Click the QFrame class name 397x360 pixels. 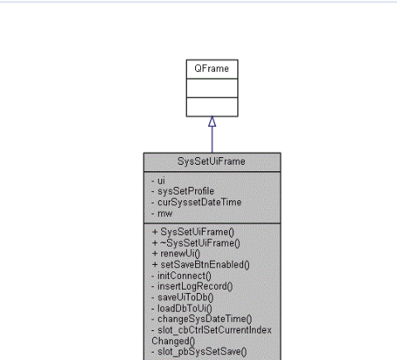[x=212, y=69]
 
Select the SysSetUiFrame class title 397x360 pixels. [x=212, y=161]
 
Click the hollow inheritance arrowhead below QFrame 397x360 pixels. [x=212, y=122]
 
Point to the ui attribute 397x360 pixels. [x=160, y=180]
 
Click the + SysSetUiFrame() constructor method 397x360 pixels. [x=193, y=232]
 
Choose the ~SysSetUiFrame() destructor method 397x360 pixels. [x=196, y=242]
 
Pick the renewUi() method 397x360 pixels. [x=178, y=253]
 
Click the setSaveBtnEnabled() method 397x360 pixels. [x=200, y=264]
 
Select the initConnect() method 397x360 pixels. [x=181, y=275]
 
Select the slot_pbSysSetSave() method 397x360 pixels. [x=198, y=350]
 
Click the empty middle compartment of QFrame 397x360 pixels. [x=212, y=87]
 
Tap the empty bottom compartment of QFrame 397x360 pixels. [x=212, y=106]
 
